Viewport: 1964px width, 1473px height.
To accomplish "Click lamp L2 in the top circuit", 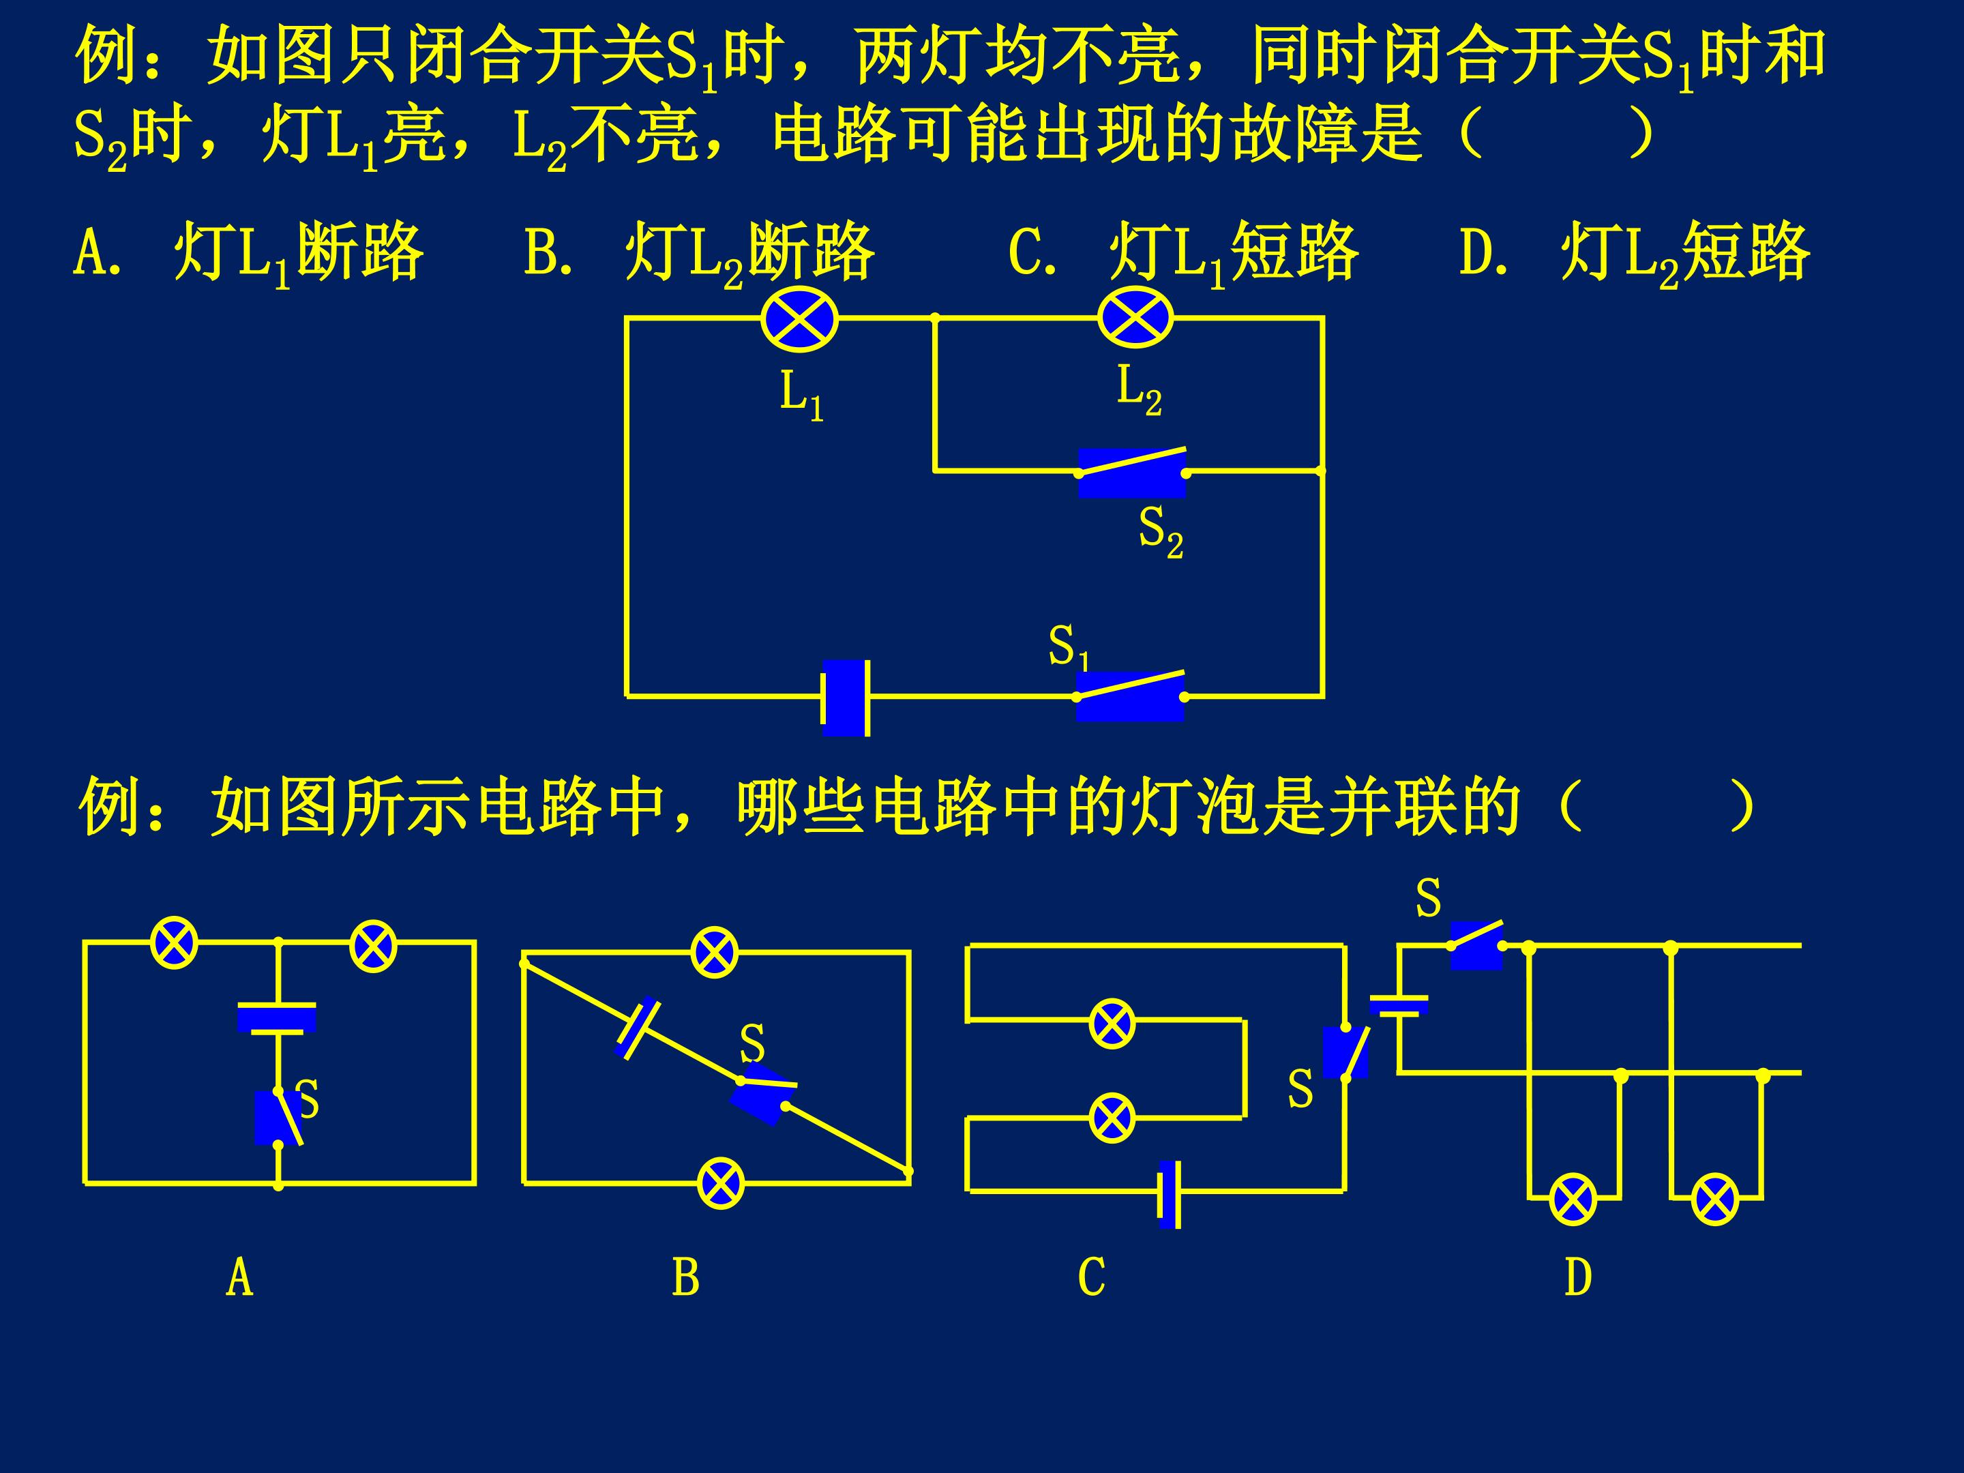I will tap(1135, 317).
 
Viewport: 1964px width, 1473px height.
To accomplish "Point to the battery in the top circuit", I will tap(845, 698).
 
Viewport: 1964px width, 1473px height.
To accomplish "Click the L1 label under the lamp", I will tap(802, 395).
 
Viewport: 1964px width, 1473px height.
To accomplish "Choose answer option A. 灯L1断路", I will tap(249, 254).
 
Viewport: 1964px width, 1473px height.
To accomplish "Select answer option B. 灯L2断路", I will tap(699, 254).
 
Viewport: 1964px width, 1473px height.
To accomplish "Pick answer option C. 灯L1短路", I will tap(1184, 254).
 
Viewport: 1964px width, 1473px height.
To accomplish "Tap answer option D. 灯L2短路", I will tap(1635, 254).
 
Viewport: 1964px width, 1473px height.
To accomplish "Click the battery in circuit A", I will tap(277, 1017).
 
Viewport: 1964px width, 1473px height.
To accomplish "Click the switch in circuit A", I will tap(278, 1118).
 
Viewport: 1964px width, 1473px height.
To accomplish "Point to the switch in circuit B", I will tap(762, 1095).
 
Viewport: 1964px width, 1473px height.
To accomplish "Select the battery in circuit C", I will tap(1170, 1193).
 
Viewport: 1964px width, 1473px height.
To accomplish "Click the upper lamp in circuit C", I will tap(1112, 1024).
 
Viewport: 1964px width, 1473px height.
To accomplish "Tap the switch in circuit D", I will tap(1476, 944).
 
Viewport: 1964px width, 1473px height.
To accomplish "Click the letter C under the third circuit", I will tap(1091, 1278).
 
